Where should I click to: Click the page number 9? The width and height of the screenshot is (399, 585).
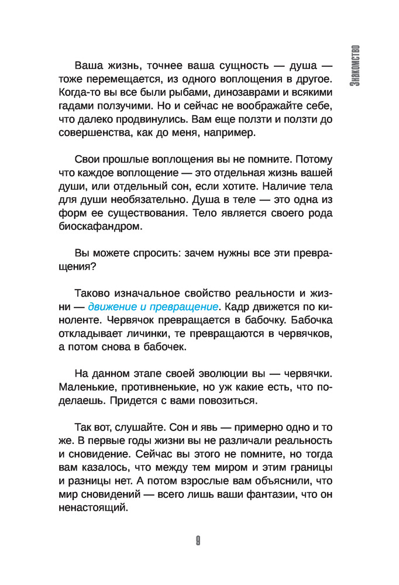point(199,541)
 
